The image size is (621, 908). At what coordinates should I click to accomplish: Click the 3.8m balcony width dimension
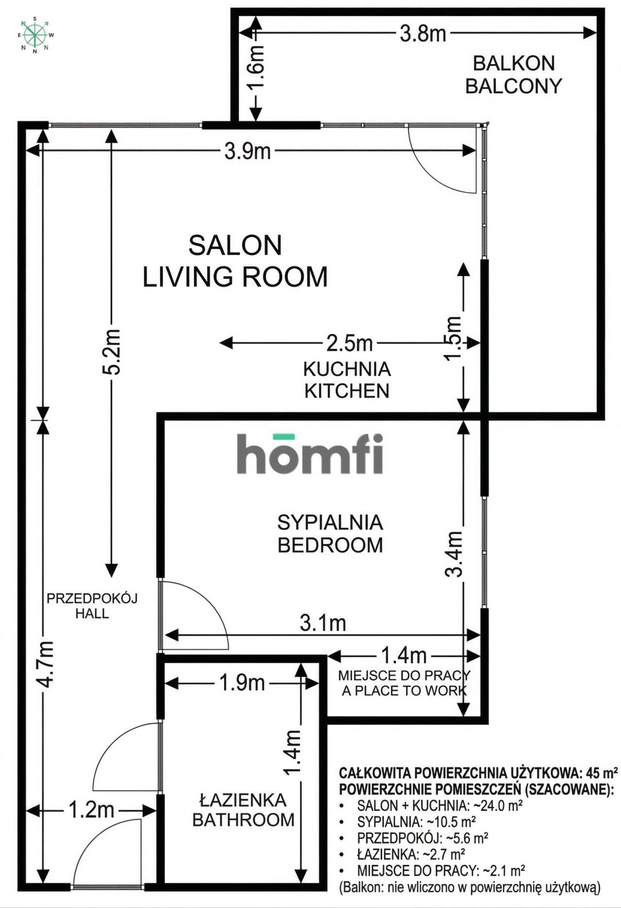(x=423, y=34)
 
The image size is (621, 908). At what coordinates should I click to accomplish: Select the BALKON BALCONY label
(x=513, y=75)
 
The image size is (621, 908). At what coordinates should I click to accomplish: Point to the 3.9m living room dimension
(x=247, y=152)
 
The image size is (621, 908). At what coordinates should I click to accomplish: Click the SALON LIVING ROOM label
(x=235, y=261)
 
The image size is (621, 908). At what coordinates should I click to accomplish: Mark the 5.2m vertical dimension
(x=112, y=352)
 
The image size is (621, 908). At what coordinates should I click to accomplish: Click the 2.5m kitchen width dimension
(x=349, y=344)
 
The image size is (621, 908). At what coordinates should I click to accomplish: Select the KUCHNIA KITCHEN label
(x=347, y=380)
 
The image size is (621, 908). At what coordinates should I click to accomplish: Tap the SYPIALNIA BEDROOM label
(x=330, y=534)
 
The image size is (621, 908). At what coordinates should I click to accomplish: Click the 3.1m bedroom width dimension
(x=323, y=623)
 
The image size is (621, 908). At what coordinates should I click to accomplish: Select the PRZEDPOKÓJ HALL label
(x=92, y=605)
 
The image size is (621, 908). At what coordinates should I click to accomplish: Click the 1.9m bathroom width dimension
(x=242, y=683)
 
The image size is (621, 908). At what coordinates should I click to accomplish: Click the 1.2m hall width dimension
(x=91, y=810)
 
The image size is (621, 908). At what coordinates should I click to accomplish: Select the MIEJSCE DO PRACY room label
(x=404, y=683)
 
